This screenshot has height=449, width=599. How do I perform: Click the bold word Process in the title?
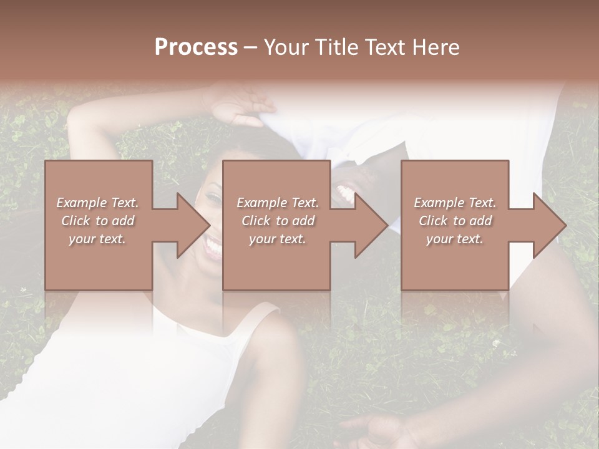[x=196, y=47]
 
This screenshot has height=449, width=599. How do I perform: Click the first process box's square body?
[x=99, y=225]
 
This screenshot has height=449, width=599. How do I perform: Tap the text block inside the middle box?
[x=277, y=221]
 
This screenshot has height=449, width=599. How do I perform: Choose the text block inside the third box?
[x=455, y=221]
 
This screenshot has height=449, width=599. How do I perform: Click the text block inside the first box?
[x=97, y=221]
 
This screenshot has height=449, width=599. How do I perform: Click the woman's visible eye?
[x=214, y=198]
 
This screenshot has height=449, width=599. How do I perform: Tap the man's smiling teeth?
[x=345, y=191]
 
